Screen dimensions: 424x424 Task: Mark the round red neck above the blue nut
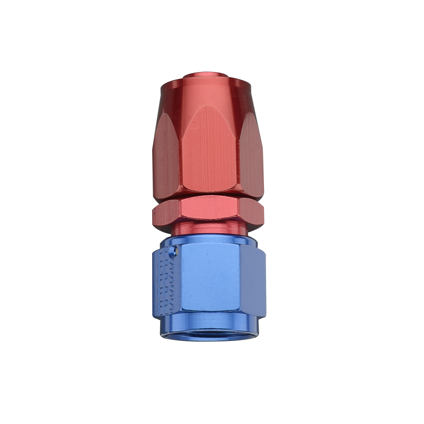[208, 228]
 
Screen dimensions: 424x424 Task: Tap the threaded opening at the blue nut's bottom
[210, 333]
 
